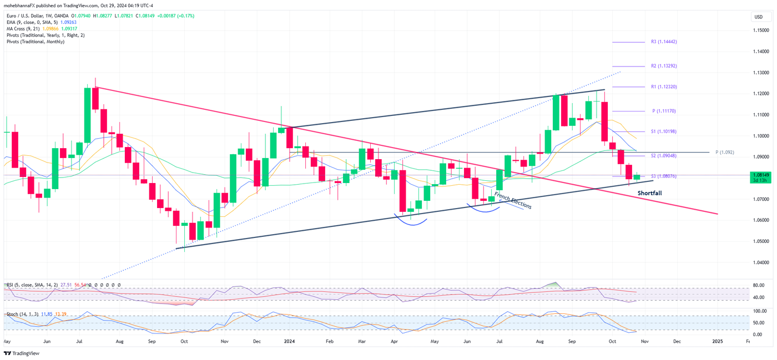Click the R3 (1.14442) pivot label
click(663, 42)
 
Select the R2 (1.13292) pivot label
click(663, 66)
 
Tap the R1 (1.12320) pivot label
click(663, 87)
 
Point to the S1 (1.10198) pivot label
click(663, 132)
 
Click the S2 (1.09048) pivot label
click(663, 156)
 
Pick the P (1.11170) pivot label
click(664, 111)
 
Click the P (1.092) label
click(724, 152)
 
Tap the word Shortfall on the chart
click(649, 193)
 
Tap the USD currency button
click(758, 17)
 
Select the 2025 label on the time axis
click(717, 342)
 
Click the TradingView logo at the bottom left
click(22, 353)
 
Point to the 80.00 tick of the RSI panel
click(759, 286)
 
